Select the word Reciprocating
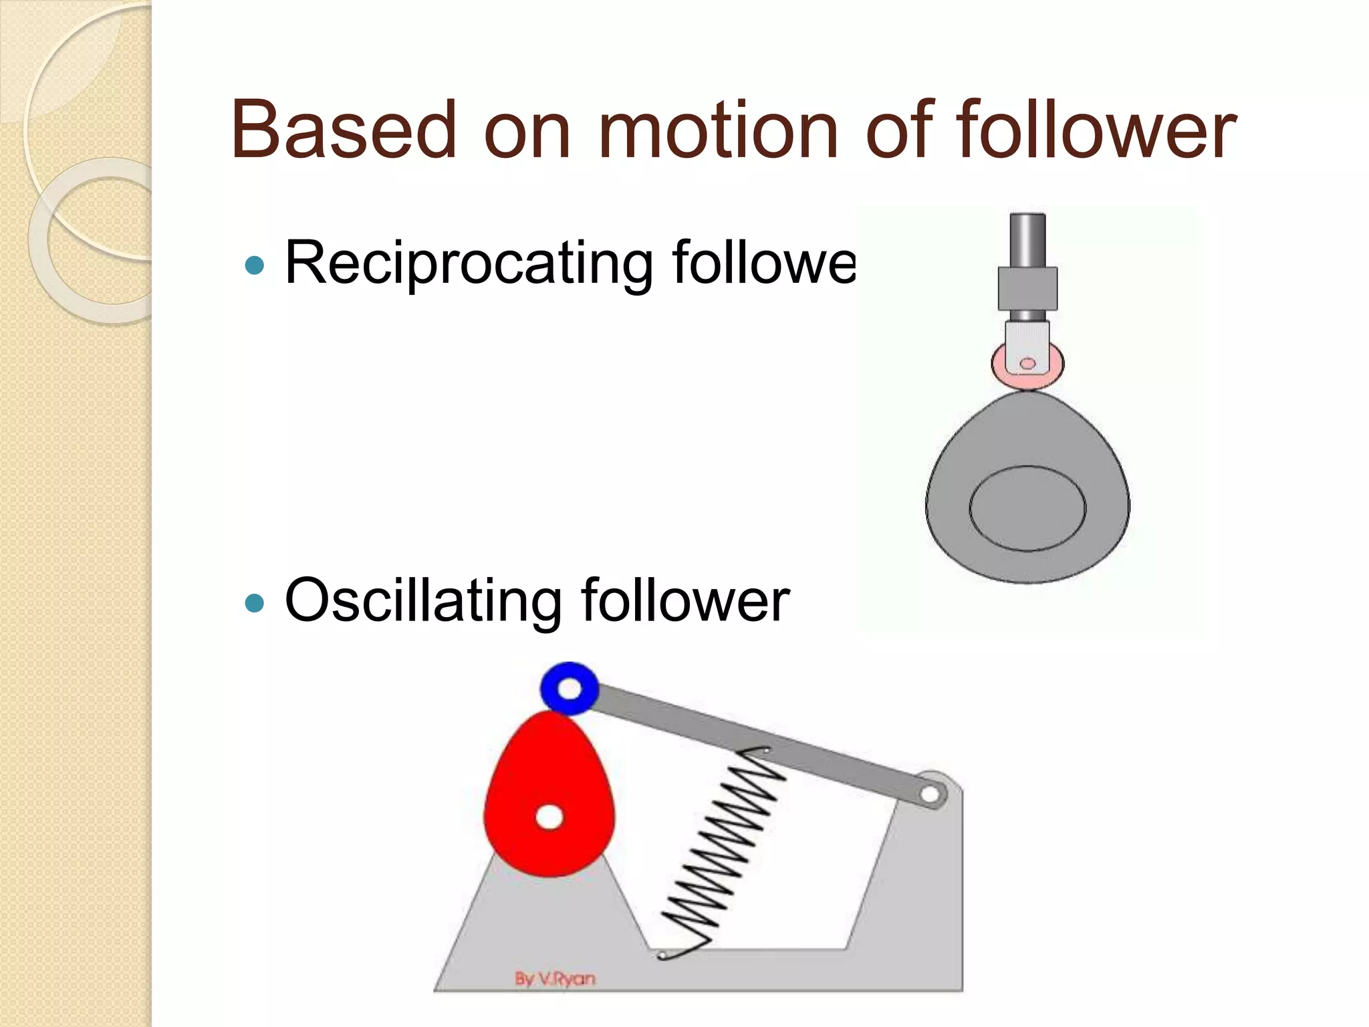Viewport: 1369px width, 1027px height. pyautogui.click(x=469, y=263)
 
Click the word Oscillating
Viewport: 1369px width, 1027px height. pyautogui.click(x=422, y=600)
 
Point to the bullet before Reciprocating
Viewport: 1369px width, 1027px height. pyautogui.click(x=255, y=266)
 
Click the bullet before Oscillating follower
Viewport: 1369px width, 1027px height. pyautogui.click(x=255, y=604)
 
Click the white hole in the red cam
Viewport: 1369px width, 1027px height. pyautogui.click(x=549, y=816)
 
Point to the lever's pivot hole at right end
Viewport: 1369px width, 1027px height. pyautogui.click(x=930, y=794)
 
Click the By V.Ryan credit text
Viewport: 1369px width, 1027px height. pyautogui.click(x=555, y=979)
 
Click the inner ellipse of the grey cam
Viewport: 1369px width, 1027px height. pyautogui.click(x=1027, y=508)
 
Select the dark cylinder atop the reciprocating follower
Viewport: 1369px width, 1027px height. pyautogui.click(x=1027, y=239)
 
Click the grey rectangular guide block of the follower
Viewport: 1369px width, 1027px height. pyautogui.click(x=1027, y=288)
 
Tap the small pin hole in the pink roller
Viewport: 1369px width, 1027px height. pyautogui.click(x=1027, y=364)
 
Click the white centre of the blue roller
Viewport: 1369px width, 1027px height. pyautogui.click(x=569, y=688)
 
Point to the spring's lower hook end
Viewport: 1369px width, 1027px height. pyautogui.click(x=662, y=955)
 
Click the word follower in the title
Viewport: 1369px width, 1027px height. pyautogui.click(x=1096, y=130)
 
